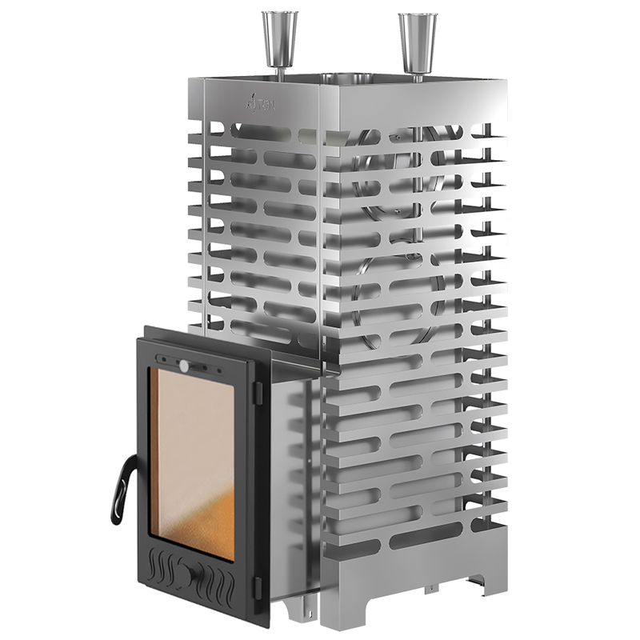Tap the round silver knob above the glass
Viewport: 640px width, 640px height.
pyautogui.click(x=186, y=366)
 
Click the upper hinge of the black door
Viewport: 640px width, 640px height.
pyautogui.click(x=258, y=390)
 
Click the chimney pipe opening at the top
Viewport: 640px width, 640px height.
pyautogui.click(x=344, y=78)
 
